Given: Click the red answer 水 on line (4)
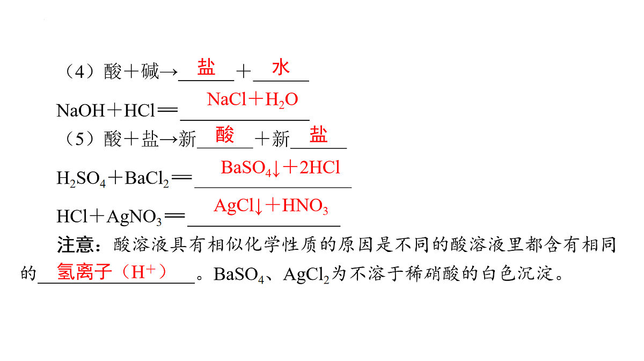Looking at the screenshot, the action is tap(281, 67).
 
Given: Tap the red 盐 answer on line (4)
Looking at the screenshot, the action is tap(206, 67).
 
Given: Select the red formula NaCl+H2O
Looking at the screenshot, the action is tap(252, 99).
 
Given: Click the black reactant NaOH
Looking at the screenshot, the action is tap(80, 111).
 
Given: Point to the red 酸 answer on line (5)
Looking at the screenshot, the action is tap(224, 134).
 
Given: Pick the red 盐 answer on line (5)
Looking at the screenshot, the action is tap(318, 134).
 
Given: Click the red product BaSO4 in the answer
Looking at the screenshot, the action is tap(246, 168).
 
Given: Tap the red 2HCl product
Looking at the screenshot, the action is tap(320, 167).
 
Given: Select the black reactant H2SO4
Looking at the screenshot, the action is tap(81, 178).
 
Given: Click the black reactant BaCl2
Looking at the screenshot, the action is tap(147, 178).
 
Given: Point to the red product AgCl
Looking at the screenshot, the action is tap(235, 206).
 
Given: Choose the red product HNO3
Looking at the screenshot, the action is tap(305, 206).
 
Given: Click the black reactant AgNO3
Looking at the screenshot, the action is tap(134, 217).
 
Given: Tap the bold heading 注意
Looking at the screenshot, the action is tap(76, 245).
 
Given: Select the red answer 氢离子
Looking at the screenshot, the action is tap(84, 272).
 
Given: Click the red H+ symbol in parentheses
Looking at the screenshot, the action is tap(143, 271).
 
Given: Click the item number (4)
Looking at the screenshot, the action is tap(79, 71).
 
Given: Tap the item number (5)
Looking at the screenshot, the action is tap(79, 139).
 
